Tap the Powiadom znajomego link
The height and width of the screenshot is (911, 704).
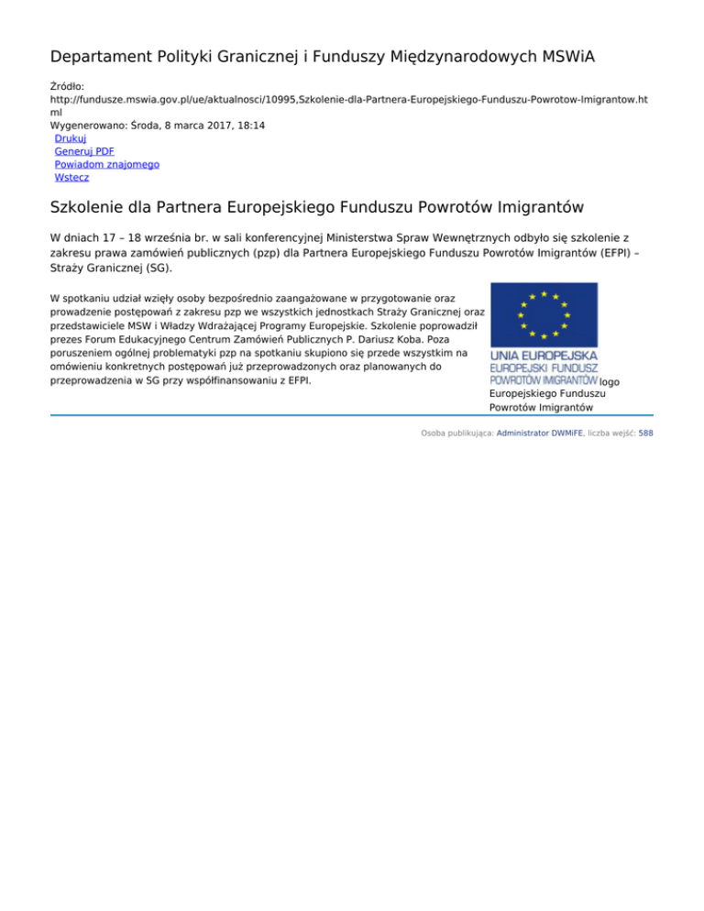pyautogui.click(x=107, y=164)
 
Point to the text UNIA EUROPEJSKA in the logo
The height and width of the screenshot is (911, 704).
pyautogui.click(x=544, y=354)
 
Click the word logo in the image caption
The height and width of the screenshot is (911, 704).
pyautogui.click(x=610, y=380)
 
